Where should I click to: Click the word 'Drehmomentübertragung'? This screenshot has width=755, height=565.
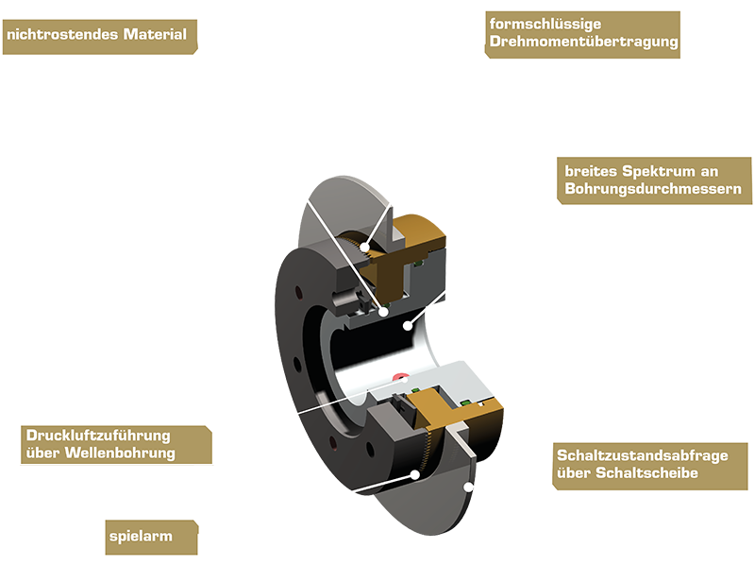coord(583,43)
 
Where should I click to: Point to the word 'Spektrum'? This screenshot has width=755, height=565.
coord(653,171)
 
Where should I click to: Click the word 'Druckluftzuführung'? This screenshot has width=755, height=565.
coord(93,436)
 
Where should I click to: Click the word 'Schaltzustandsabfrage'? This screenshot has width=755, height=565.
coord(641,455)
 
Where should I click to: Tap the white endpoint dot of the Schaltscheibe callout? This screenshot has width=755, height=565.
coord(470,487)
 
